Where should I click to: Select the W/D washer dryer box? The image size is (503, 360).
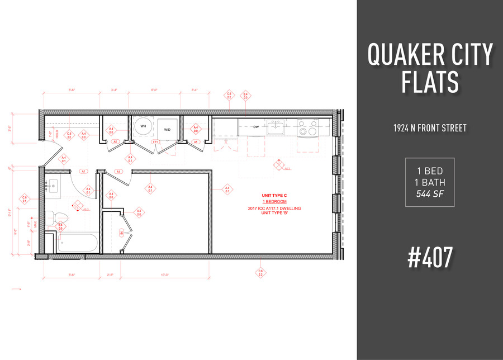coord(167,129)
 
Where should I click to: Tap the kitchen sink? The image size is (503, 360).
coord(275,129)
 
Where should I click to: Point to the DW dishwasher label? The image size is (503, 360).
coord(256,127)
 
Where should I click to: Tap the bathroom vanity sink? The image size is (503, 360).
coord(55,186)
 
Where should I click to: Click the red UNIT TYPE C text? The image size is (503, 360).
coord(274,195)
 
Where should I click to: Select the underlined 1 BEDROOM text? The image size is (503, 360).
coord(274,201)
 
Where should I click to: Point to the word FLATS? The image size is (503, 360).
coord(429,81)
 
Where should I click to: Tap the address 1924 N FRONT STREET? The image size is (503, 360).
coord(430,128)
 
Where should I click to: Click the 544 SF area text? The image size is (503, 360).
coord(429,195)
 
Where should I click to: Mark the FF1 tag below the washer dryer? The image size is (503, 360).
coord(156,142)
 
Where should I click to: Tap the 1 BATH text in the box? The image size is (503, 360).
coord(429,182)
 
